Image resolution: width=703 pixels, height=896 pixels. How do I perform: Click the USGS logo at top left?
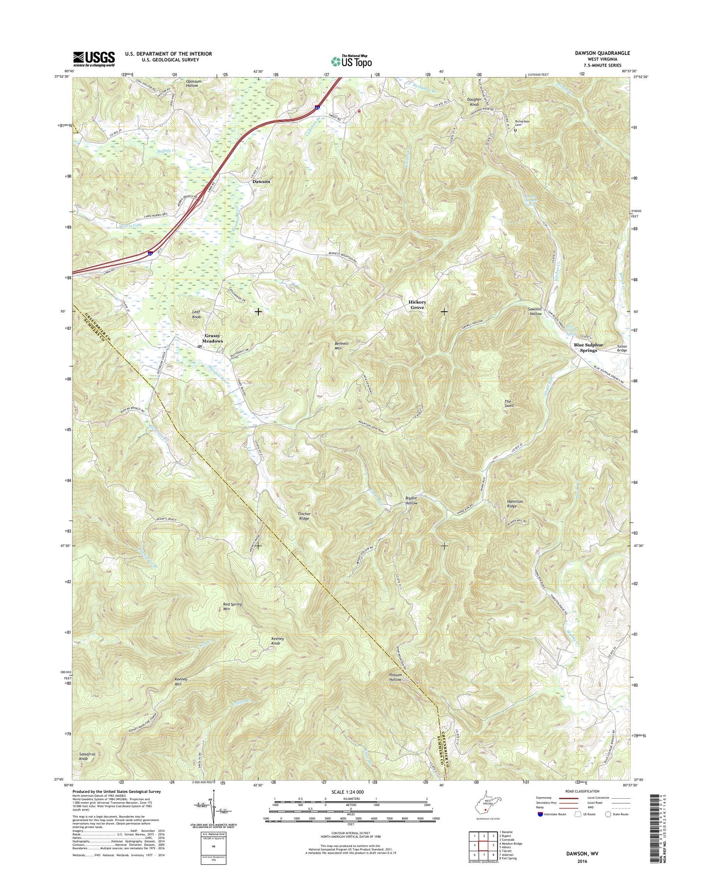[94, 59]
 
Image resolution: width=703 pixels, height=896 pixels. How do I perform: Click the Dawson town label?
[261, 181]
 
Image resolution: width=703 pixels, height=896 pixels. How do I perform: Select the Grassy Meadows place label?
[213, 339]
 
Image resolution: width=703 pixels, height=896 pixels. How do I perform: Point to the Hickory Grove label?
[417, 305]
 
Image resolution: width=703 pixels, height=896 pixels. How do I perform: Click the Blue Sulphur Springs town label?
[588, 347]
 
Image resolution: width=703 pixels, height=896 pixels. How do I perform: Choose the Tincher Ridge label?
[304, 516]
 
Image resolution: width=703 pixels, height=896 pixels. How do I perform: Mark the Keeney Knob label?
[277, 641]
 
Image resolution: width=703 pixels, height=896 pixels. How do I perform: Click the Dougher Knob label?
[474, 102]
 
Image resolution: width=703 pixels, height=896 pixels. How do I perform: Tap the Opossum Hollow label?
[192, 83]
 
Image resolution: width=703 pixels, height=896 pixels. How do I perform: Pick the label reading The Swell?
[509, 403]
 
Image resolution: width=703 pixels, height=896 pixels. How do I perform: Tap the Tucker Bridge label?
[622, 348]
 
